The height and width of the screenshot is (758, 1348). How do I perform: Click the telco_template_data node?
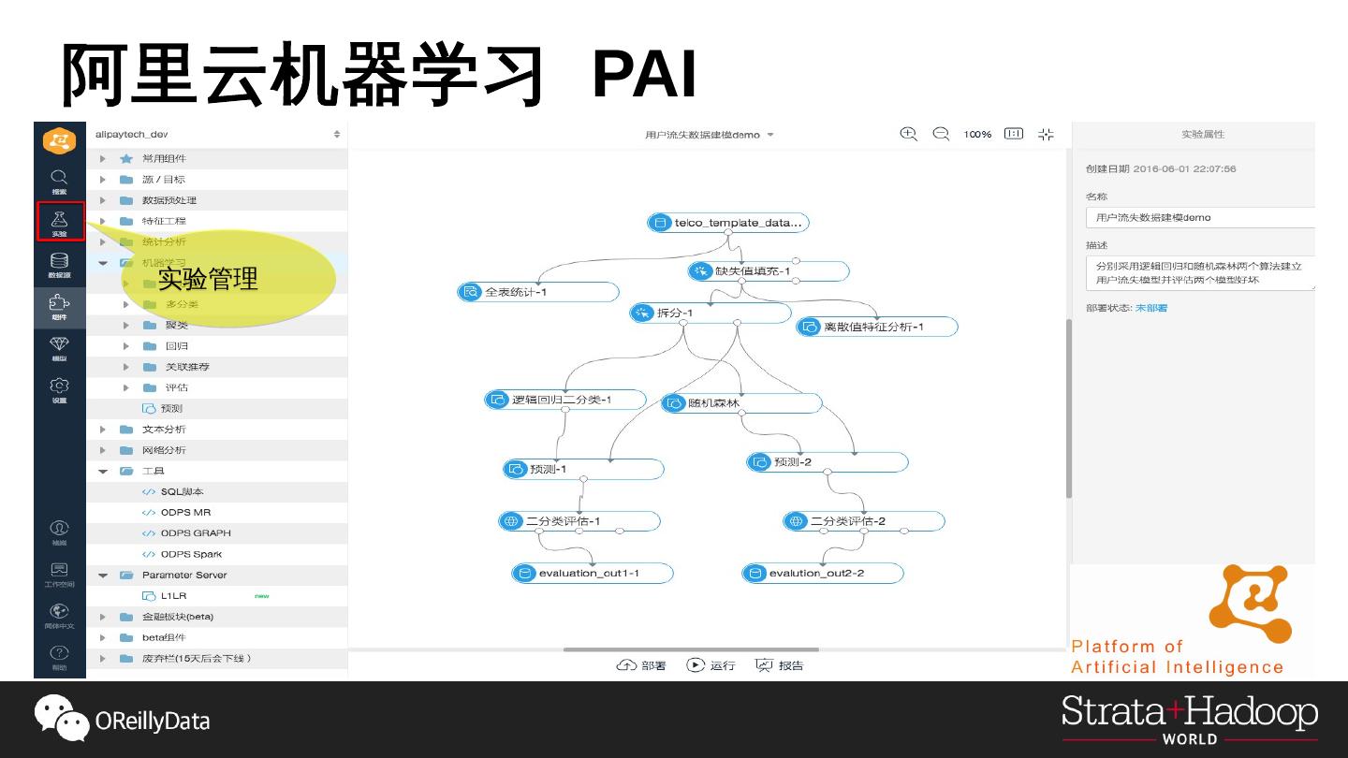pos(727,223)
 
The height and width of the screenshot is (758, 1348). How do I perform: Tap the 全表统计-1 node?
pos(538,292)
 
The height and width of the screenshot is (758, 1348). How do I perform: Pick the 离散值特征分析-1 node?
pos(876,327)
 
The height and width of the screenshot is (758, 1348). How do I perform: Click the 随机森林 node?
pos(740,403)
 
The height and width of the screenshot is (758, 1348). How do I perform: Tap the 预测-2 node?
pos(827,462)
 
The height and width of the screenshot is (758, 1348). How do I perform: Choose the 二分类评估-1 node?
pos(579,521)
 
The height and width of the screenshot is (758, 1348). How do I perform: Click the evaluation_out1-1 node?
pos(592,573)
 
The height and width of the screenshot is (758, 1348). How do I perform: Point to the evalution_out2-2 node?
pos(822,573)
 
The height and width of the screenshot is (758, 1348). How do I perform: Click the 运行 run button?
pos(711,665)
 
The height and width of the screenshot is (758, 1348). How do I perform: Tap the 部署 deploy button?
pos(641,665)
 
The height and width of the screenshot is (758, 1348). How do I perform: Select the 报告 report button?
pos(780,665)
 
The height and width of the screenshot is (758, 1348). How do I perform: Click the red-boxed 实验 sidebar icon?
pos(60,222)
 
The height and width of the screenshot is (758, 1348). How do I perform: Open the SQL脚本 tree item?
pos(181,491)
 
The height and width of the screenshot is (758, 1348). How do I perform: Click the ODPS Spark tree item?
pos(190,554)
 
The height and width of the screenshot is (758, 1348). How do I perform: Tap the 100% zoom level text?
pos(977,135)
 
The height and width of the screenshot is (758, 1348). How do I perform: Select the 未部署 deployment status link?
pos(1150,308)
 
